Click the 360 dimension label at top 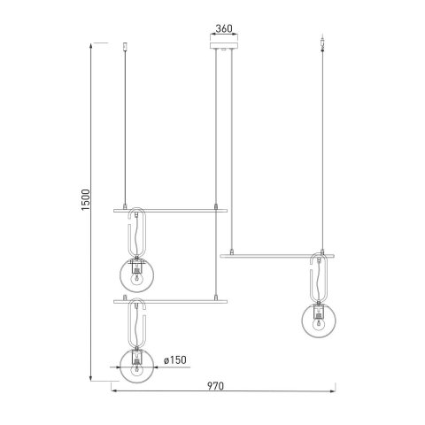(224, 28)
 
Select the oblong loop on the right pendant (320, 278)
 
